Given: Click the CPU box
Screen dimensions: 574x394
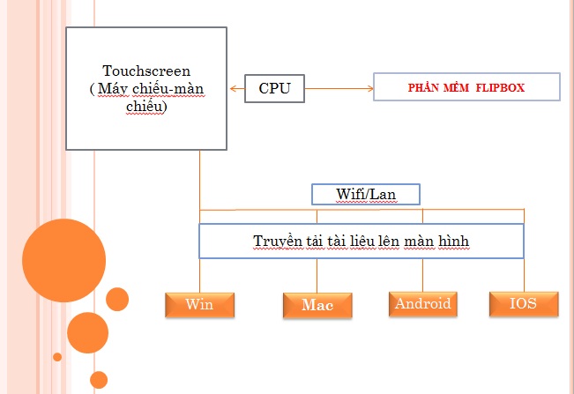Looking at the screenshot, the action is click(274, 88).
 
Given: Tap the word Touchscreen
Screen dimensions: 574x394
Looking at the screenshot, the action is click(146, 71).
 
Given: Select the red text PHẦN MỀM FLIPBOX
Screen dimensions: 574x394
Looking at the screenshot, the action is click(466, 87).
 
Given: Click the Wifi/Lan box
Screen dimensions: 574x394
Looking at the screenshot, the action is click(366, 194).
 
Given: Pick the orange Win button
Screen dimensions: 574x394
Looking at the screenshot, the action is click(200, 305).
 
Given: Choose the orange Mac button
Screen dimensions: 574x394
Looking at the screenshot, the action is click(317, 306).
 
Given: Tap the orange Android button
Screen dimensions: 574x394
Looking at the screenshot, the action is click(423, 304).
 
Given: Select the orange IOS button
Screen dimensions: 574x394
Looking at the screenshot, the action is click(524, 303).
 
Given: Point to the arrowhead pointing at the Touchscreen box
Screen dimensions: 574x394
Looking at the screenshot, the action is click(233, 88).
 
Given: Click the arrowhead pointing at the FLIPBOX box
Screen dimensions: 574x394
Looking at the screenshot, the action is click(370, 88).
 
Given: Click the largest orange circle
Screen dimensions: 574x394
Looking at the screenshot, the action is click(63, 261).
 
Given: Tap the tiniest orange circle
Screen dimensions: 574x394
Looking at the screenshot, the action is click(57, 357).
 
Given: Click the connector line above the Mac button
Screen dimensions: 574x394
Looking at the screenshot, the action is click(317, 276).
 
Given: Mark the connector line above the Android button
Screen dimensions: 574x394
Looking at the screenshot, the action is click(422, 275).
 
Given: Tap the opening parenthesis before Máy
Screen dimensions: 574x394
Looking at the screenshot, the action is click(92, 89).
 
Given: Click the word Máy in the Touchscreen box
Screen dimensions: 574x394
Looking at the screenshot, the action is click(113, 89).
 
